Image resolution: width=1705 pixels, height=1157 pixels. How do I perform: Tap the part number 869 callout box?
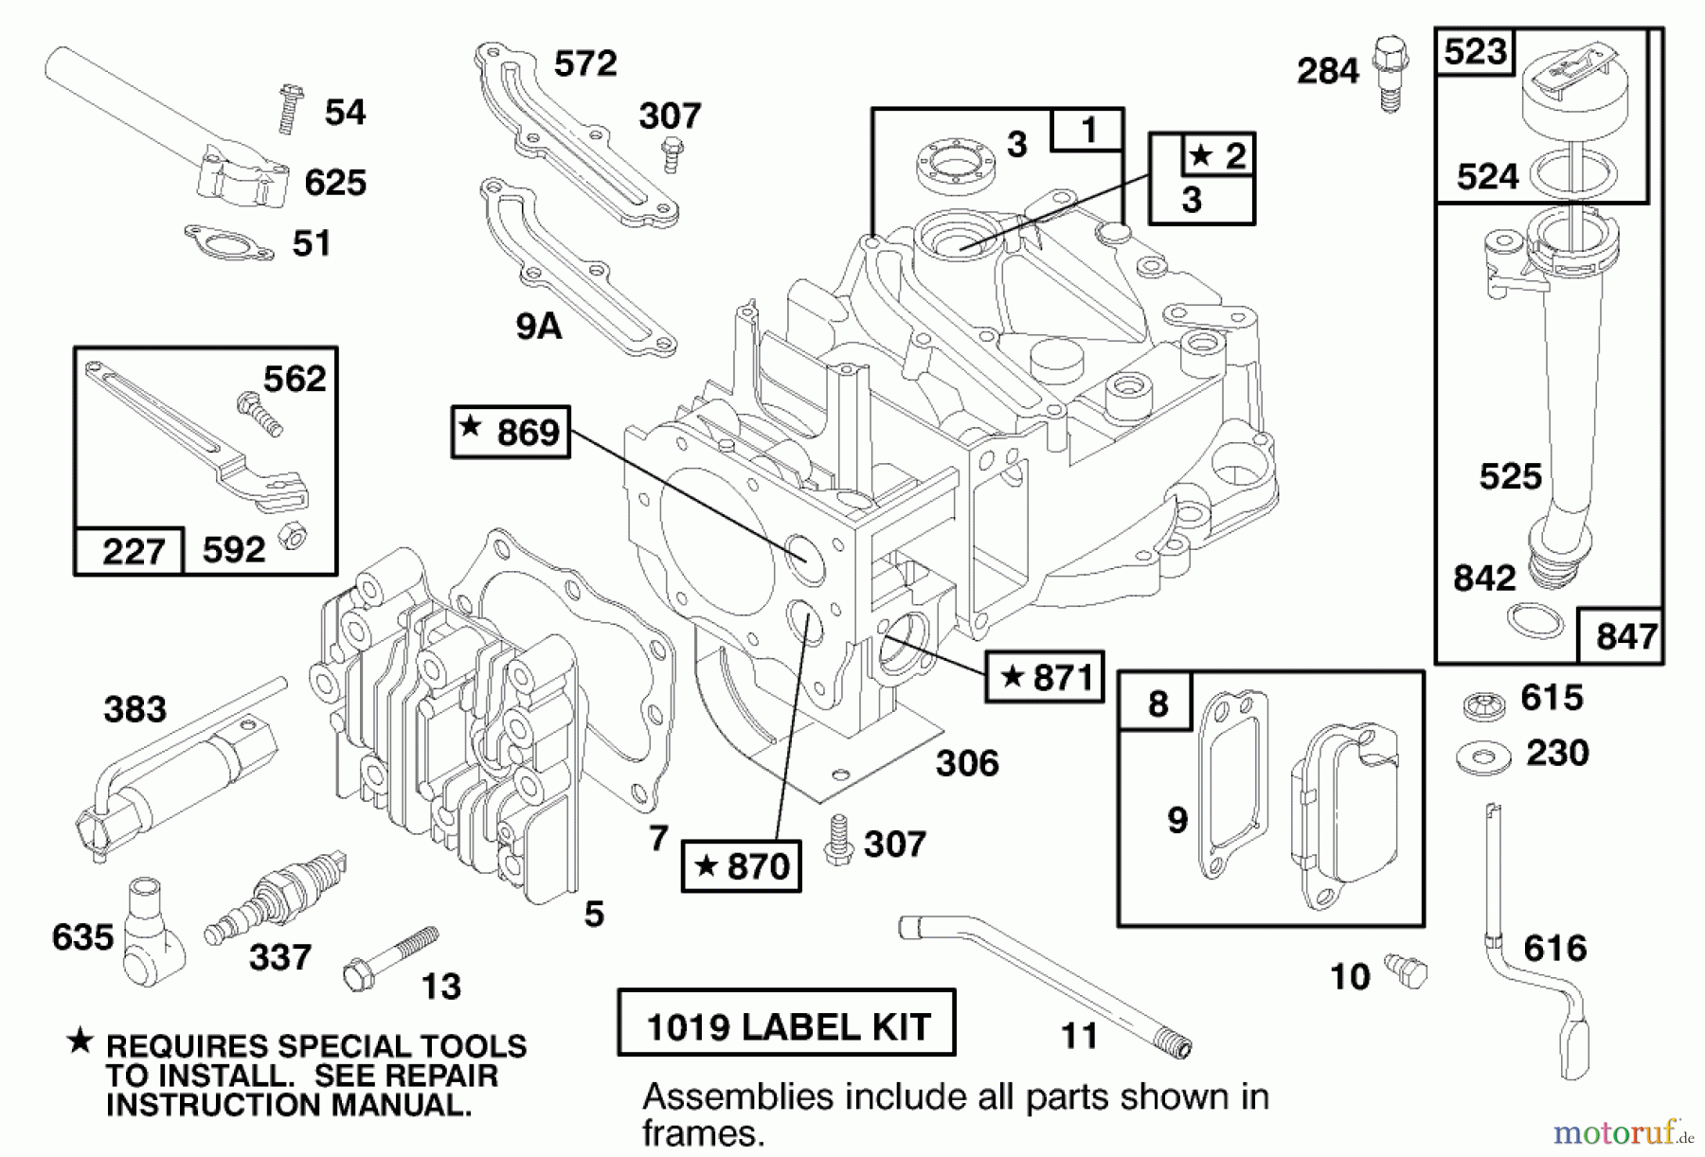pyautogui.click(x=511, y=433)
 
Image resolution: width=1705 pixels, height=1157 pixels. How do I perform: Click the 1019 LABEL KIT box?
pyautogui.click(x=786, y=1023)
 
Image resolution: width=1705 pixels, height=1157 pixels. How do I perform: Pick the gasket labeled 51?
pyautogui.click(x=228, y=242)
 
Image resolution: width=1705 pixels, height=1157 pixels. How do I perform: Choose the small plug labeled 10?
pyautogui.click(x=1407, y=970)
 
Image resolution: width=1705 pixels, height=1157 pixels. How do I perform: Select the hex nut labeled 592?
pyautogui.click(x=291, y=538)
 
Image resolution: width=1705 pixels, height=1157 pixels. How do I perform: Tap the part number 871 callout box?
pyautogui.click(x=1044, y=676)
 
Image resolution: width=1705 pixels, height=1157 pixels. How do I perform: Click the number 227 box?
pyautogui.click(x=130, y=551)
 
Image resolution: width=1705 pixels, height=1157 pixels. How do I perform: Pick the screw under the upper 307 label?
pyautogui.click(x=672, y=154)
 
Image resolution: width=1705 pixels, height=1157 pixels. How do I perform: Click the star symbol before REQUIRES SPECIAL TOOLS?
pyautogui.click(x=80, y=1041)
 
